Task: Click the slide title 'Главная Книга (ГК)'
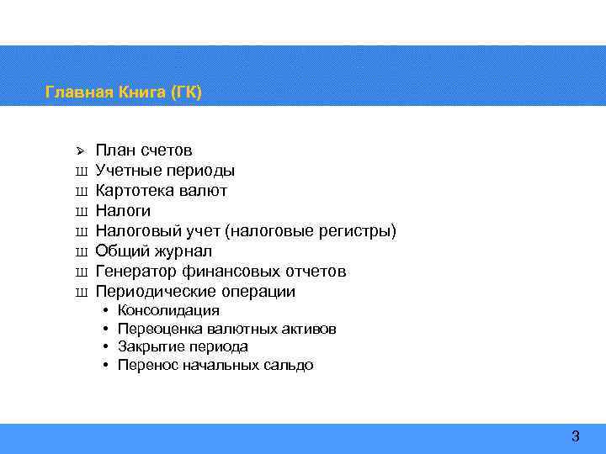pyautogui.click(x=124, y=92)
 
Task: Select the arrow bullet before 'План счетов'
pyautogui.click(x=81, y=151)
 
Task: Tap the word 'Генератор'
pyautogui.click(x=136, y=272)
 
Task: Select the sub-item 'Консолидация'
pyautogui.click(x=168, y=311)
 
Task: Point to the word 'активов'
pyautogui.click(x=309, y=329)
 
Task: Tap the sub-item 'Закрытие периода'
pyautogui.click(x=183, y=346)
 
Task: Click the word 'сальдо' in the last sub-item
pyautogui.click(x=289, y=365)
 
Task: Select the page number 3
pyautogui.click(x=576, y=436)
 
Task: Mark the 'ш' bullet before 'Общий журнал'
pyautogui.click(x=82, y=251)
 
